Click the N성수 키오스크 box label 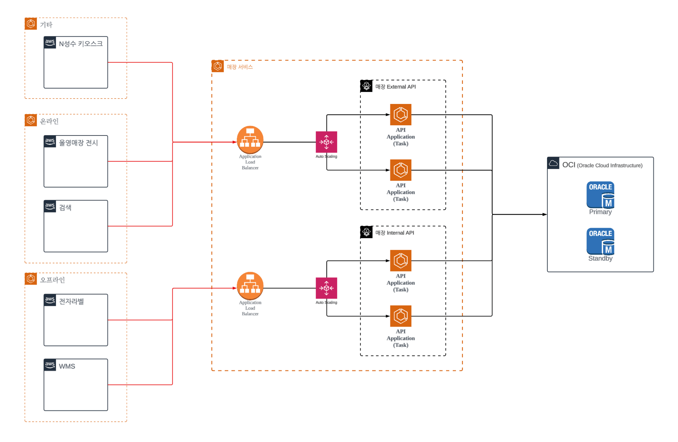(81, 44)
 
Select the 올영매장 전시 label (78, 143)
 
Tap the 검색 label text (65, 208)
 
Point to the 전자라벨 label (71, 301)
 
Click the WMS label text (67, 366)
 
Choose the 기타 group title (46, 25)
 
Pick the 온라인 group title (49, 121)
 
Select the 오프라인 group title (53, 280)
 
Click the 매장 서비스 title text (240, 67)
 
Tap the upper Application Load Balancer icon (250, 140)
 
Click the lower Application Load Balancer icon (250, 286)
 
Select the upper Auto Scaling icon (326, 142)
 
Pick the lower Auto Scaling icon (326, 288)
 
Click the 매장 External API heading (395, 87)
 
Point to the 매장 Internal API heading (395, 233)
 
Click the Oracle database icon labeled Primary (600, 195)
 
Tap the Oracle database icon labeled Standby (600, 241)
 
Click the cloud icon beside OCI (553, 163)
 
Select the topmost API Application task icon (400, 114)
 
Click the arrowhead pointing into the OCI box (545, 214)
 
